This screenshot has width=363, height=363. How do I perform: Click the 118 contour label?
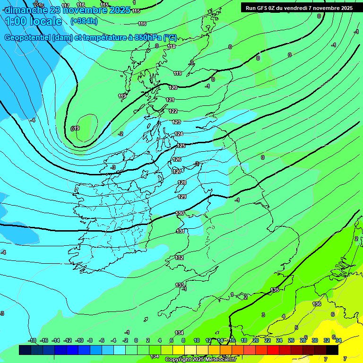tap(172, 46)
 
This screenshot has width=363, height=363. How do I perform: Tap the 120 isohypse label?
tap(173, 87)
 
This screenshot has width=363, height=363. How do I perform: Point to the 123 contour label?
tap(177, 122)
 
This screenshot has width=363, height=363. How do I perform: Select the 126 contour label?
tap(177, 159)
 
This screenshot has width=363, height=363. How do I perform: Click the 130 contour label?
tap(180, 214)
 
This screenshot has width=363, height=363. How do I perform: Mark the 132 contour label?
tap(180, 258)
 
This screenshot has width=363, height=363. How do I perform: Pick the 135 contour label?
tap(275, 290)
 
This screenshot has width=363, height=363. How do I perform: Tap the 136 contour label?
tap(317, 304)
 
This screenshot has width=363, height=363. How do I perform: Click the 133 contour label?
tap(180, 285)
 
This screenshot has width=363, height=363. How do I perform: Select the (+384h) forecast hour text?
tap(84, 21)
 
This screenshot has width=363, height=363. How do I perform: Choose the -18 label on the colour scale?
tap(32, 340)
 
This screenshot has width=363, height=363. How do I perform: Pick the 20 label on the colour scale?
tap(256, 340)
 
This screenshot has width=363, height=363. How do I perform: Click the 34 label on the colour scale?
tap(338, 340)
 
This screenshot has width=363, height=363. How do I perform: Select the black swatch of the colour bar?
tap(332, 350)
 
